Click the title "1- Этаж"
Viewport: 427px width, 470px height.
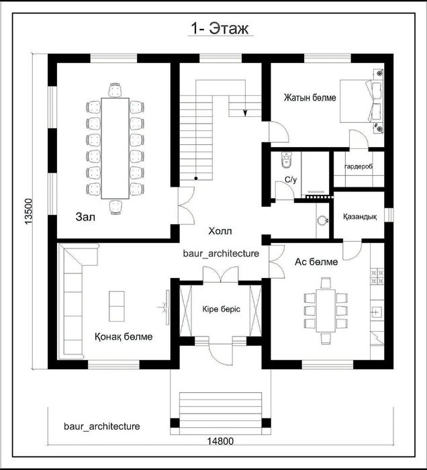point(220,29)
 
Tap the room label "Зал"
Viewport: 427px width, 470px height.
point(85,217)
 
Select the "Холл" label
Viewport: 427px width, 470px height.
point(220,231)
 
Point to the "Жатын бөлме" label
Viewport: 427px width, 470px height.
point(310,98)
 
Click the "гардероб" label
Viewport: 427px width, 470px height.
point(359,167)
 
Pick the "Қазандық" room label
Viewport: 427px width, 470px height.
point(360,216)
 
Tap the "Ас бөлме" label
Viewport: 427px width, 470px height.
point(316,262)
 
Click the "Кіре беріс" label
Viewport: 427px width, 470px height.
point(221,309)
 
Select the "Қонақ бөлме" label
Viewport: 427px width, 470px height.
point(124,336)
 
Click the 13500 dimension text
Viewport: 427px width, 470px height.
point(28,211)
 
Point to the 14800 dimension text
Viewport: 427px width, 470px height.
point(220,441)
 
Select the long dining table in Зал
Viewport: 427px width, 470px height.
point(115,148)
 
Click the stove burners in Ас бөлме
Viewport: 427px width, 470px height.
point(377,277)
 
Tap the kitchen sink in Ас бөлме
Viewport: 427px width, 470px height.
point(376,312)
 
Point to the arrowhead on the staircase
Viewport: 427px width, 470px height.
point(245,113)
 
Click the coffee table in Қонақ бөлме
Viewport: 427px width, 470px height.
point(116,306)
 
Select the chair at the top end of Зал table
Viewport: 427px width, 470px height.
point(115,90)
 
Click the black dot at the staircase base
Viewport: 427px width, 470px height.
point(195,179)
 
